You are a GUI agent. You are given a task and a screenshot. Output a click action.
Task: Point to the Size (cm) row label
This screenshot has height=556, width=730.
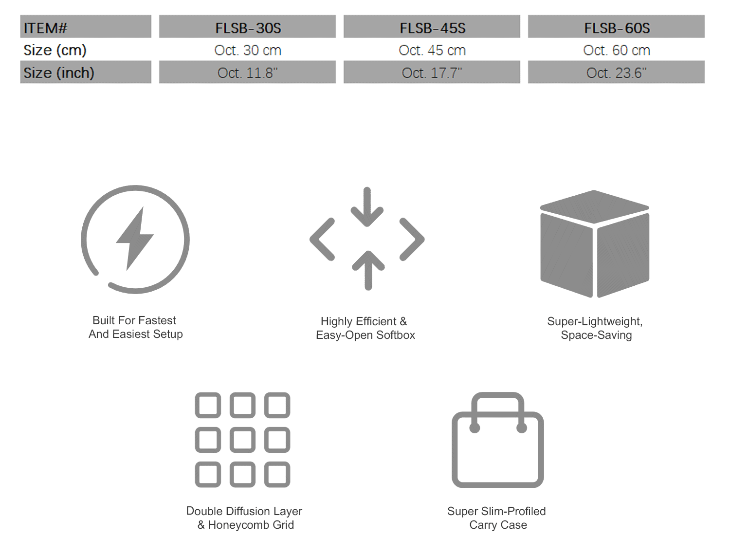[x=55, y=50]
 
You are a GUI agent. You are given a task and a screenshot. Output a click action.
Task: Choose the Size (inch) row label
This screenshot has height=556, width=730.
[x=59, y=73]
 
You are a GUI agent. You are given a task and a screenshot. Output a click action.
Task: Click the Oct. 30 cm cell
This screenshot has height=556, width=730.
[x=248, y=50]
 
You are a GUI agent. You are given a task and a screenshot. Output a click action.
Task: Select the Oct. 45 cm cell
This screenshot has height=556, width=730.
[x=432, y=50]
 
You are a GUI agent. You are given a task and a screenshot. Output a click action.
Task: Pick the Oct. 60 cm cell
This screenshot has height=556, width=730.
[x=617, y=50]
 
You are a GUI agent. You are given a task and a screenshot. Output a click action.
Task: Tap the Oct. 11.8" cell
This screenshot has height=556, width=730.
[x=247, y=73]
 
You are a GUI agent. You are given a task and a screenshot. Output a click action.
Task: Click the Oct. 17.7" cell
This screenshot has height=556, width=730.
[x=432, y=73]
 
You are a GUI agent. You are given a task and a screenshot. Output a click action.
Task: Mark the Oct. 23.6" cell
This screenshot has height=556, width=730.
[x=616, y=73]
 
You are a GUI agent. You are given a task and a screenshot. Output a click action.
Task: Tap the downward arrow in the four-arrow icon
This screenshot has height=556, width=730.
[x=367, y=207]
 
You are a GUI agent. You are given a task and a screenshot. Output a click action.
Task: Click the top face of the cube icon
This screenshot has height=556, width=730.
[x=594, y=206]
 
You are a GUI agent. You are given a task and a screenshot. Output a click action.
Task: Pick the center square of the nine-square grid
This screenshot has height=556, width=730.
[x=242, y=440]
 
